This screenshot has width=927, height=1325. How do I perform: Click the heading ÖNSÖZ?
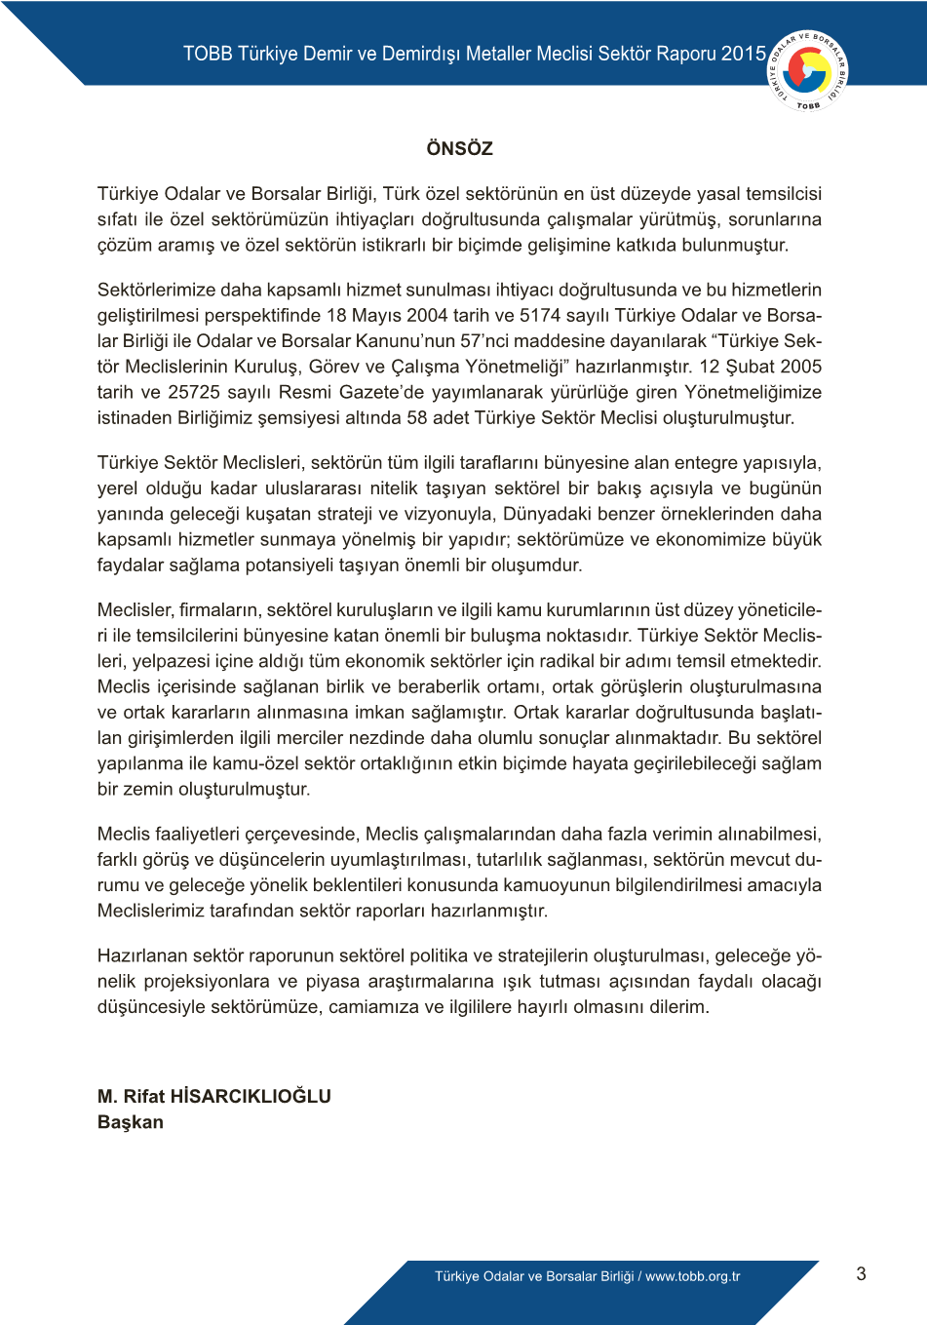(x=459, y=148)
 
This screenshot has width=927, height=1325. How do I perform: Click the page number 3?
(x=861, y=1273)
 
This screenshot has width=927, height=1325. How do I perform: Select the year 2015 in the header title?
(x=744, y=54)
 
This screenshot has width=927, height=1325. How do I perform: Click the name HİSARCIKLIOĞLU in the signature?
(x=251, y=1096)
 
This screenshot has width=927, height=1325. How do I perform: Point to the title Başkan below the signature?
(x=131, y=1122)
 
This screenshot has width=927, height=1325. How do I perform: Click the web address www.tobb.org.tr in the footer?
(x=693, y=1276)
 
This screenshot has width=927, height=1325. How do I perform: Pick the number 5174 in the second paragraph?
(x=541, y=315)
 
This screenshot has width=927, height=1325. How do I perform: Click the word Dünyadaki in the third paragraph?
(x=546, y=514)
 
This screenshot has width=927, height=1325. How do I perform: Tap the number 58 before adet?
(x=417, y=417)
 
